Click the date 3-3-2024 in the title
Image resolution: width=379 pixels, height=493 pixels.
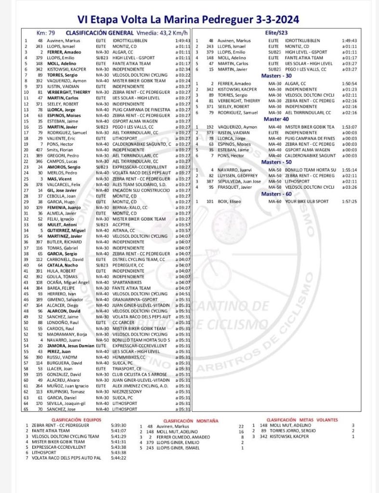pyautogui.click(x=274, y=20)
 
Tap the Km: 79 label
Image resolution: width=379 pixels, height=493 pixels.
pyautogui.click(x=46, y=33)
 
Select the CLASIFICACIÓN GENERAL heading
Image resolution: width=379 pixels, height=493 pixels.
pyautogui.click(x=91, y=33)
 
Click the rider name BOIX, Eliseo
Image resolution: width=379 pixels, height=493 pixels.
pyautogui.click(x=229, y=201)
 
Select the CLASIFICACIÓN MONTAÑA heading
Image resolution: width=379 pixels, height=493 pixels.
pyautogui.click(x=191, y=420)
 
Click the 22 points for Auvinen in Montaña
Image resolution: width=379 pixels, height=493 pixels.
pyautogui.click(x=241, y=427)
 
